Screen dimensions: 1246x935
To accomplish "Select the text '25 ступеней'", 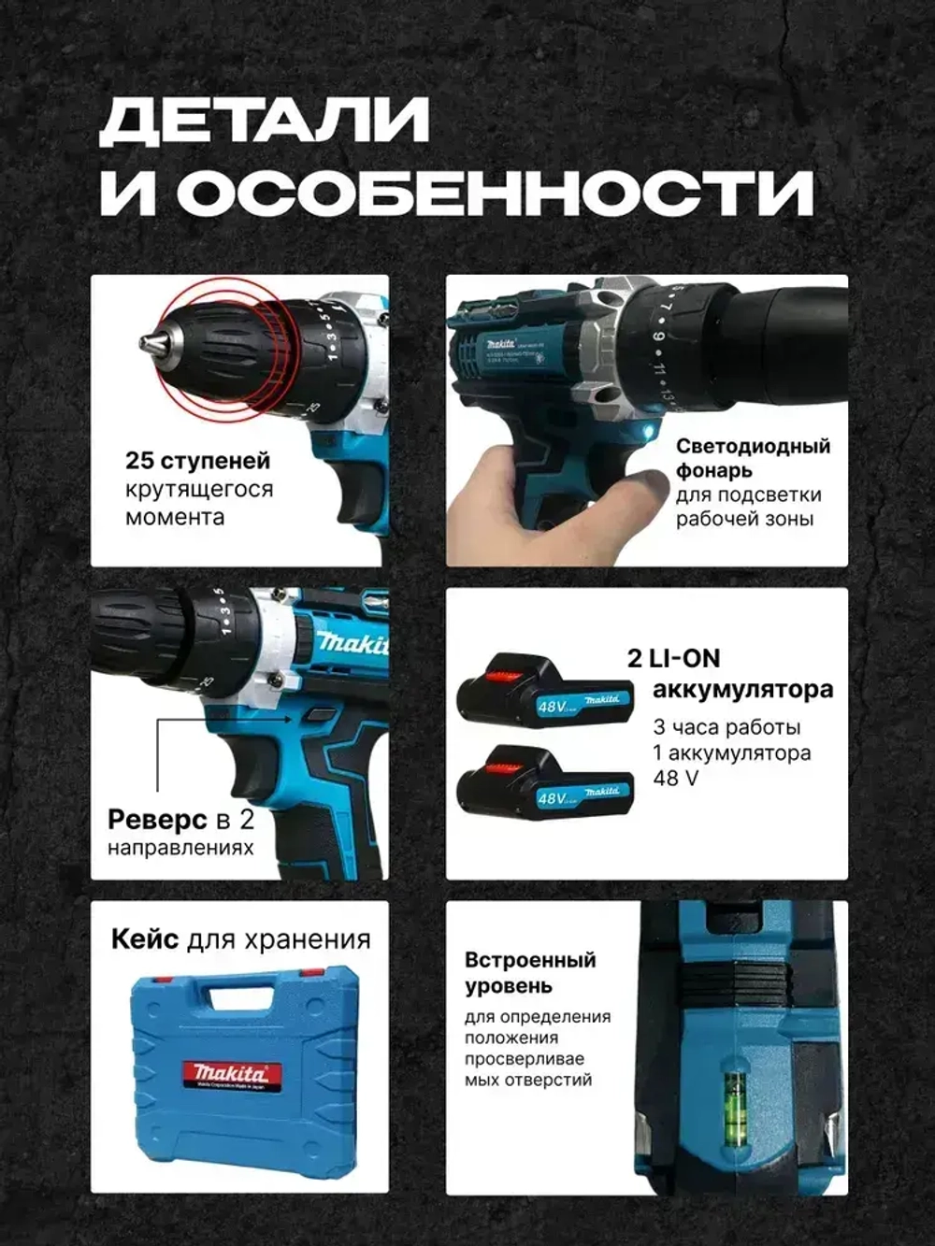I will coord(197,461).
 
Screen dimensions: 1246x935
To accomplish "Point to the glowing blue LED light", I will coord(651,429).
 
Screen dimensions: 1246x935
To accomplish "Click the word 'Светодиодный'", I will coord(753,446).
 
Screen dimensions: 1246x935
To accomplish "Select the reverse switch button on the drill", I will coord(321,714).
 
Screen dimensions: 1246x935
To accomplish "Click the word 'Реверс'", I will coord(157,820).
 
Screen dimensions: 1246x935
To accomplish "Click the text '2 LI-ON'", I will coord(673,659).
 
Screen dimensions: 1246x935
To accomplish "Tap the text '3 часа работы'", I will coord(726,727).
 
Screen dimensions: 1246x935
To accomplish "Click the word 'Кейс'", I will coord(145,939).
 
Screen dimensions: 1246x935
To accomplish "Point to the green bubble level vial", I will coord(736,1090).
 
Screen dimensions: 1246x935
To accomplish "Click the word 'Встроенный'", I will coord(530,960).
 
